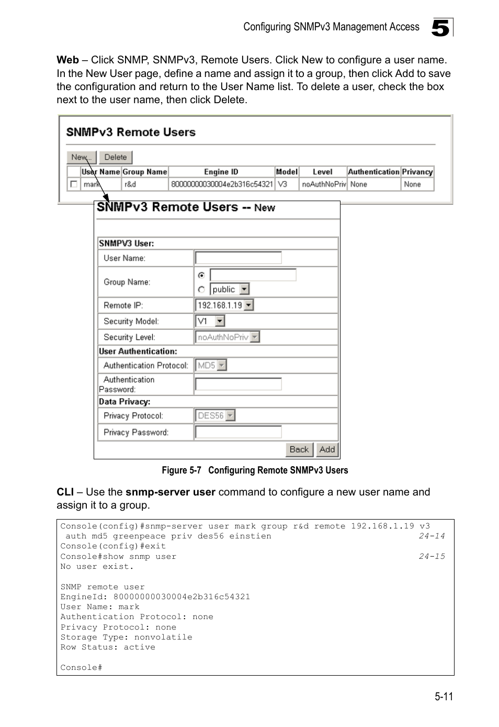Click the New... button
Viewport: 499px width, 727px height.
point(81,157)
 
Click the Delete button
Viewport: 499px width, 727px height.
point(116,157)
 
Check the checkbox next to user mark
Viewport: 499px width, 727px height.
point(74,184)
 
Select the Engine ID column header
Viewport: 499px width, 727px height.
point(221,172)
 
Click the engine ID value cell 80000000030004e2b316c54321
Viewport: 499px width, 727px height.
point(221,184)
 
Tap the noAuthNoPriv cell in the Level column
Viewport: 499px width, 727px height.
point(323,184)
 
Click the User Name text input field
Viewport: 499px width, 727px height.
point(238,258)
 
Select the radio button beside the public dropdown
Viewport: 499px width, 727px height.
point(201,289)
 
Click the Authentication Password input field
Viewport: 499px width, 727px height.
point(238,384)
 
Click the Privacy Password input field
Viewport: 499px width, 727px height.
point(238,432)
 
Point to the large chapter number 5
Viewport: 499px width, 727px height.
point(440,28)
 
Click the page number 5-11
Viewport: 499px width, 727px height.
point(443,696)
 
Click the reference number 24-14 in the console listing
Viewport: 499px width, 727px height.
point(432,536)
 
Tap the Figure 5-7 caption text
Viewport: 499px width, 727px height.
point(255,470)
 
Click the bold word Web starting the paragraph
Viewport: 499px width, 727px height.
point(67,60)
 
